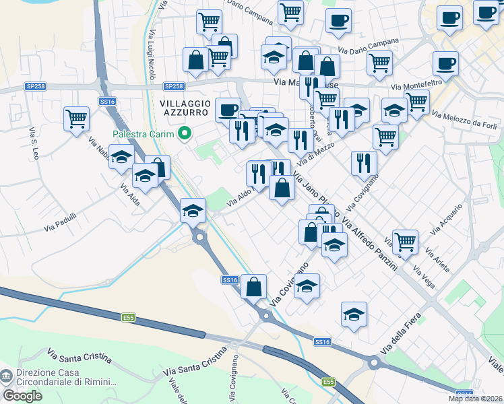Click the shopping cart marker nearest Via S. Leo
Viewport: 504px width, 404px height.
(x=77, y=119)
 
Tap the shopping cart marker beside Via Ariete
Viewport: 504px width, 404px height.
(x=405, y=240)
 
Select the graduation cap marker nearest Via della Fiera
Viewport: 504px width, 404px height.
(x=354, y=314)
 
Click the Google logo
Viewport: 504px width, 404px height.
(x=22, y=396)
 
